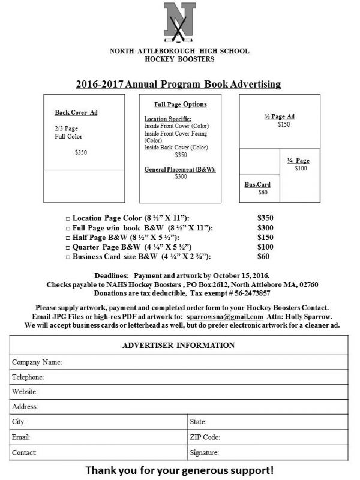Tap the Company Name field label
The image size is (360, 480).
37,362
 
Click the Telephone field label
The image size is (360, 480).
29,377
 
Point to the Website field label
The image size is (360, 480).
26,392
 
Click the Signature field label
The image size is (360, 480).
204,452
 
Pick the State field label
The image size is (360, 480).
198,422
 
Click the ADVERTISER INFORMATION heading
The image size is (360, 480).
179,346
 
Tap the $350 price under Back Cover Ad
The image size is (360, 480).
81,153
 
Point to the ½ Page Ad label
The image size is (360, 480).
283,116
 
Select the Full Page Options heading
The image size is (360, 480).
181,104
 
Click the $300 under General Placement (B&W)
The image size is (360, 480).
181,176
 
